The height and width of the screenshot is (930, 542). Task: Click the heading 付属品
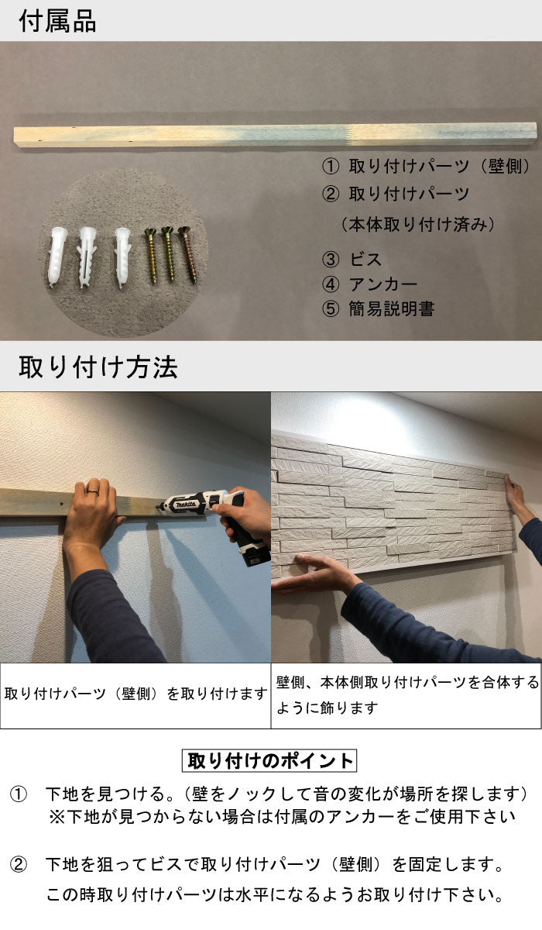pos(57,21)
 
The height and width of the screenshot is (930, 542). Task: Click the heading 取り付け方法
pos(98,367)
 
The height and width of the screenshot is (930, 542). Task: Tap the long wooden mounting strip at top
pos(275,133)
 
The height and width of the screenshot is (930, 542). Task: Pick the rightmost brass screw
pos(186,253)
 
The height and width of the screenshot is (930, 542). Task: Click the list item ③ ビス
pos(352,260)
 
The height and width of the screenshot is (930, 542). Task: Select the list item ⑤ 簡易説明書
pos(379,308)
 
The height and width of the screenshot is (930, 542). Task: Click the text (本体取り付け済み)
pos(417,225)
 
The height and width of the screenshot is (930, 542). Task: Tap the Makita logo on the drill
pos(187,505)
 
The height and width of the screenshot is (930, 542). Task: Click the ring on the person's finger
pos(91,490)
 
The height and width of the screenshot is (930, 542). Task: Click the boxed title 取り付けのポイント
pos(270,760)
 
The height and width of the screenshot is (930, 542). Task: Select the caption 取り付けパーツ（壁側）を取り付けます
pos(135,694)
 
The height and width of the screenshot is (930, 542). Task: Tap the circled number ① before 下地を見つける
pos(19,794)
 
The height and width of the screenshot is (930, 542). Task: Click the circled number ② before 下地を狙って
pos(19,863)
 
